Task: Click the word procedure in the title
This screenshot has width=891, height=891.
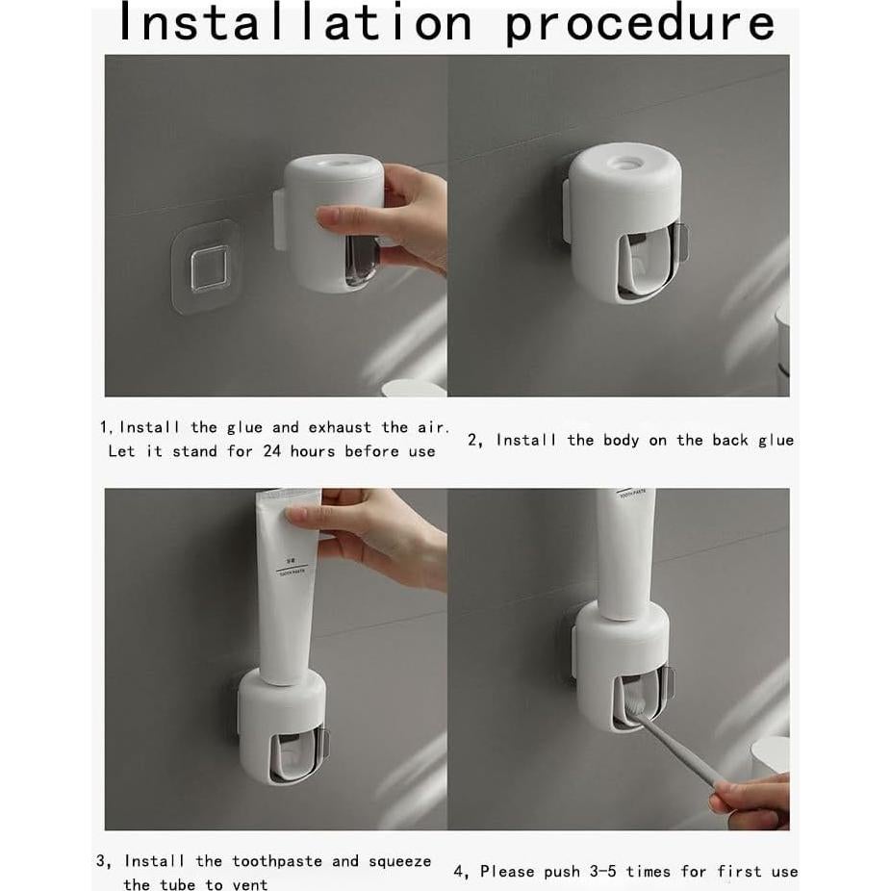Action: click(x=640, y=24)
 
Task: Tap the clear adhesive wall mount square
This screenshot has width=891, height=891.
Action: click(x=208, y=267)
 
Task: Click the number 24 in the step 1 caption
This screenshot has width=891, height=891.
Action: click(x=274, y=451)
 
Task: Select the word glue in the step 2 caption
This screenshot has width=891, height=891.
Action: click(x=776, y=440)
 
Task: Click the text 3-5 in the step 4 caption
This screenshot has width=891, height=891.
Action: click(x=601, y=872)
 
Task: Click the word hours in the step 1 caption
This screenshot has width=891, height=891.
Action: click(x=313, y=451)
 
